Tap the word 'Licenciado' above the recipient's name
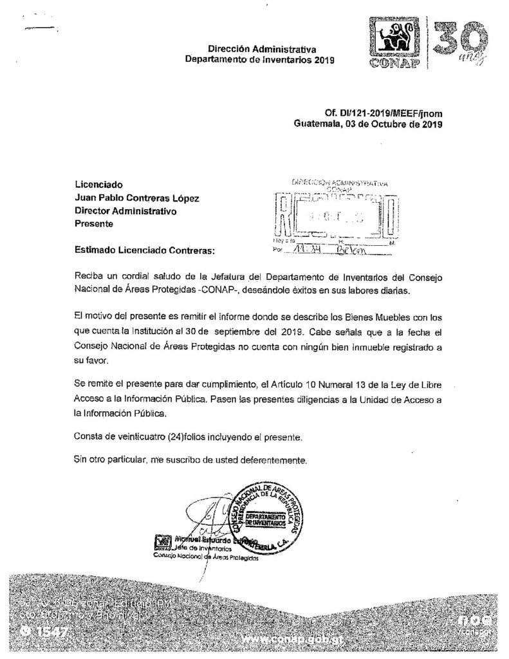point(98,185)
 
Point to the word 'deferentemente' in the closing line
point(273,460)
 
